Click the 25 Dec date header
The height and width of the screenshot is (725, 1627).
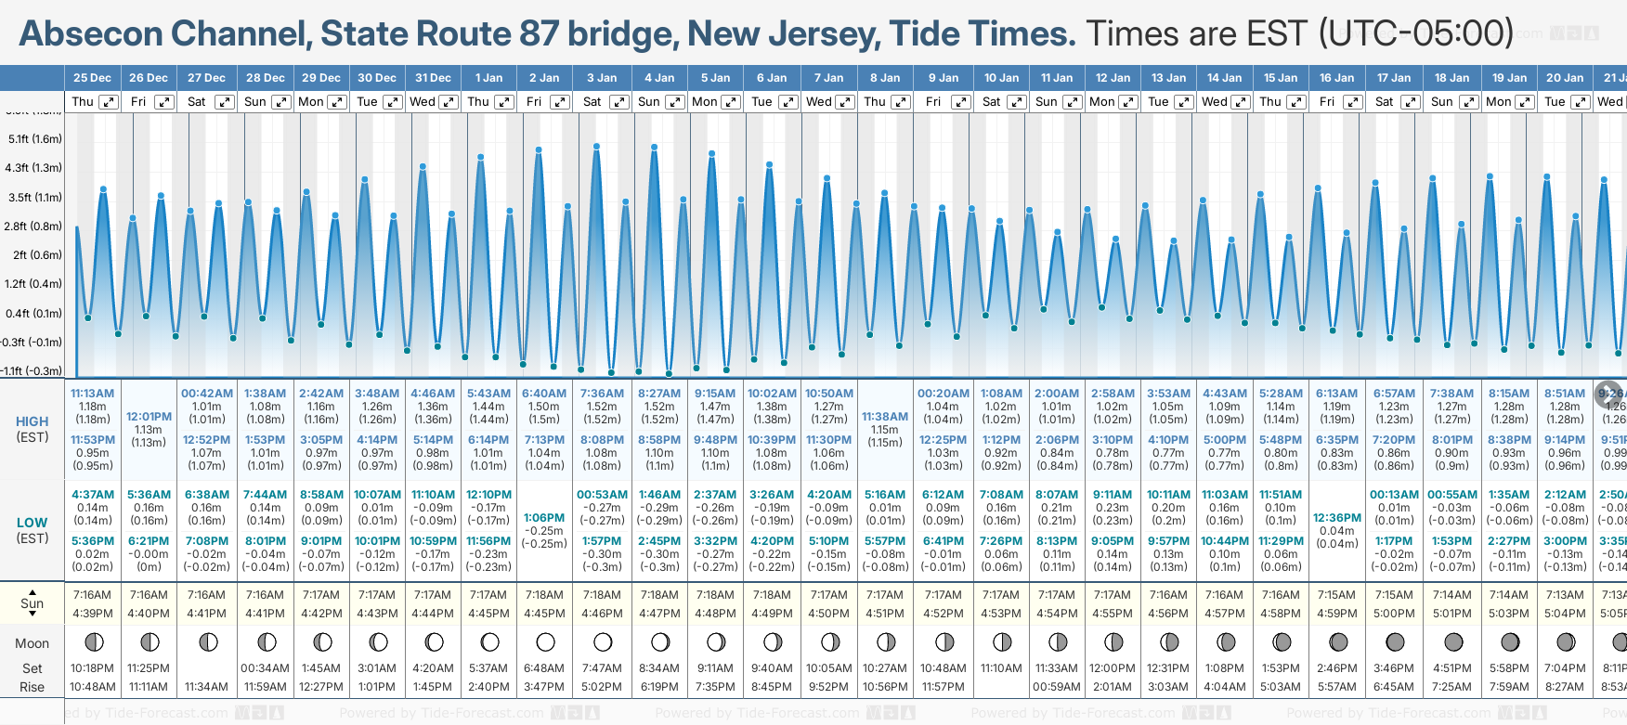tap(92, 78)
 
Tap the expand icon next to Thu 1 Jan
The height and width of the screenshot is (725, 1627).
tap(504, 102)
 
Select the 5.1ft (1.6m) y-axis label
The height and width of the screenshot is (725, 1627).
tap(34, 139)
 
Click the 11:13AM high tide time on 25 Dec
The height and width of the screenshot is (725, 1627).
tap(92, 394)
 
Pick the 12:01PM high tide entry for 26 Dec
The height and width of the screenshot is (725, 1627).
tap(149, 417)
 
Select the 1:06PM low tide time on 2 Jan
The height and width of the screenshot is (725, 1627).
tap(544, 518)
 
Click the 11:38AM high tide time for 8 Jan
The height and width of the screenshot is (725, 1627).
tap(885, 417)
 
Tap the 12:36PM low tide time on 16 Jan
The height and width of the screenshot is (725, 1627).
tap(1337, 518)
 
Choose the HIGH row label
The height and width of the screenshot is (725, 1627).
tap(33, 421)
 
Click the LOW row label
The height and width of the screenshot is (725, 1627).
tap(33, 523)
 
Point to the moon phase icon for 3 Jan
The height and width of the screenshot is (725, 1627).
tap(603, 641)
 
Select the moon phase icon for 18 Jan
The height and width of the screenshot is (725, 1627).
tap(1453, 641)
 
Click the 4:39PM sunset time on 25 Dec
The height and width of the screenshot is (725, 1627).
tap(92, 614)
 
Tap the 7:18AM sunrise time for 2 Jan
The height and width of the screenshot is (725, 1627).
tap(544, 595)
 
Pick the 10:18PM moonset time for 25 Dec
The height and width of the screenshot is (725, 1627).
tap(92, 668)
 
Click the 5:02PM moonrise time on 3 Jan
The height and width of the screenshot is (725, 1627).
tap(602, 687)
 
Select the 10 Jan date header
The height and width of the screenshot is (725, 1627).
tap(1001, 78)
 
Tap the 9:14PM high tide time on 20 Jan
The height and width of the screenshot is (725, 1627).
tap(1565, 440)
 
